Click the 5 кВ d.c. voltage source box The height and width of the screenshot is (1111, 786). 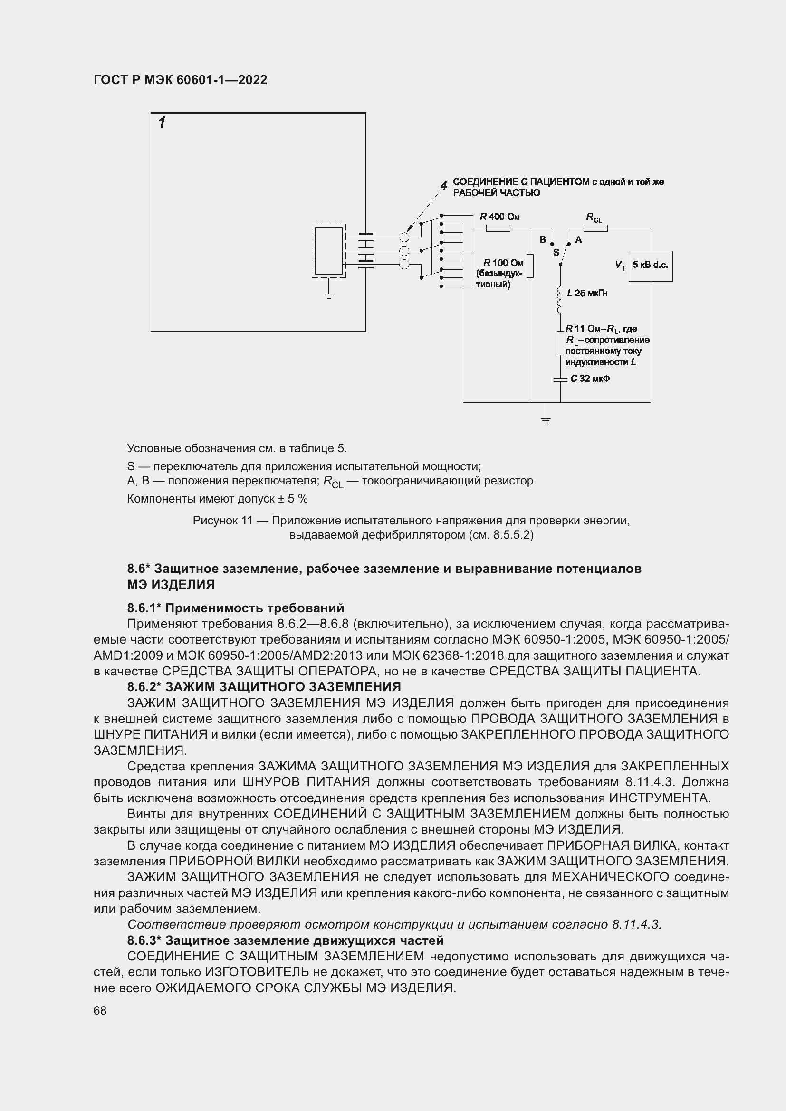650,266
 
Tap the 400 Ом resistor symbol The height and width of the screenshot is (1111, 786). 498,228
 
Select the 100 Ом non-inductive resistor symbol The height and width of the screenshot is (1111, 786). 530,266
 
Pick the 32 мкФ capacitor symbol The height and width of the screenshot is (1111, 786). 560,380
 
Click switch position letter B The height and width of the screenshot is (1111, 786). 543,240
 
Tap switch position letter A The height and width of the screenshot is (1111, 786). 578,240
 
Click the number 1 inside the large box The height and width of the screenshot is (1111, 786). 162,123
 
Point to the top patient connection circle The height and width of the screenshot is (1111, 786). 404,237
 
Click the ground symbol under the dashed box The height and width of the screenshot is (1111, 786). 329,294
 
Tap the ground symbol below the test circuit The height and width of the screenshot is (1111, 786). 546,419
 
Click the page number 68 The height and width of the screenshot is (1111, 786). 100,1010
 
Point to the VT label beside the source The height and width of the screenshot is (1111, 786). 620,265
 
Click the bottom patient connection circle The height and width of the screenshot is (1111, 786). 404,264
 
